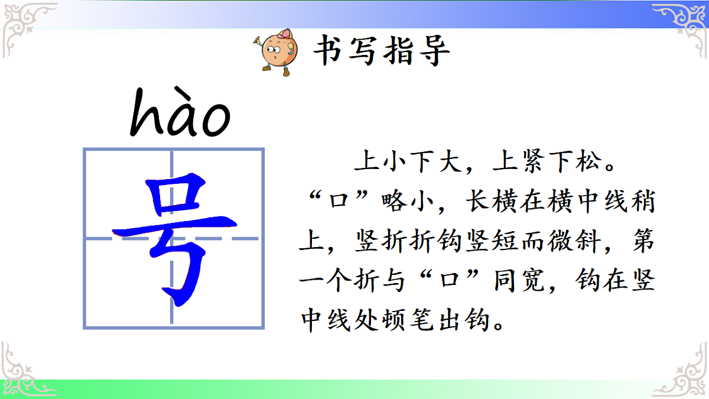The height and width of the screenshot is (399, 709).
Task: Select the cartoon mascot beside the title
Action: click(x=279, y=51)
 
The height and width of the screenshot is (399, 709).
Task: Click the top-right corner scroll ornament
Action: click(x=679, y=24)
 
